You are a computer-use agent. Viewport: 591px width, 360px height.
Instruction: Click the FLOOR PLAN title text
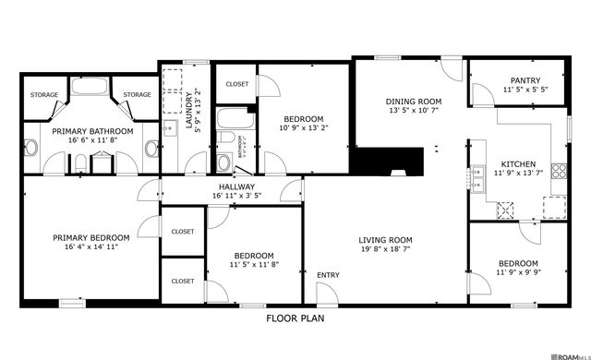[295, 318]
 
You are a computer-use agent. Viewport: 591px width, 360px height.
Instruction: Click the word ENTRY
[328, 275]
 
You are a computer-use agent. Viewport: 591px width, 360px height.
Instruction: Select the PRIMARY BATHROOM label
[91, 132]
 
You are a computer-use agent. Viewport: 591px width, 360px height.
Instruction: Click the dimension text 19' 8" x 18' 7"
[385, 250]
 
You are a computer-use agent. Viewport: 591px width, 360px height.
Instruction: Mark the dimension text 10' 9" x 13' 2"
[303, 129]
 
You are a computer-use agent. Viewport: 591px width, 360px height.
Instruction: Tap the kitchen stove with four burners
[558, 169]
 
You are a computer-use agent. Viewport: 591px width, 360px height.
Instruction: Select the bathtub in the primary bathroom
[90, 90]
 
